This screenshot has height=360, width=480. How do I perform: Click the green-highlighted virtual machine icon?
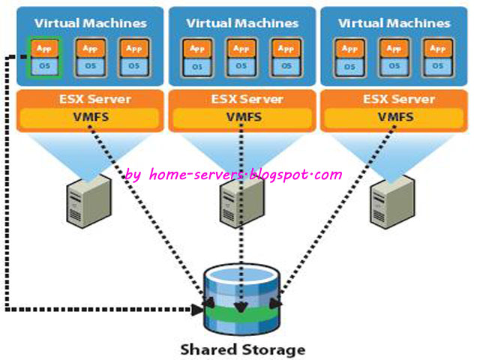click(44, 56)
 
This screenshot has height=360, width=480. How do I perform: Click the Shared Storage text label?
click(242, 349)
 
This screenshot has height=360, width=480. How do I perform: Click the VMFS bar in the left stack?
click(89, 117)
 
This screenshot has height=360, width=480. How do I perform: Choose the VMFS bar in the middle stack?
click(241, 117)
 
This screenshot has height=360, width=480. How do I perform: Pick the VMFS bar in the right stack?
click(394, 117)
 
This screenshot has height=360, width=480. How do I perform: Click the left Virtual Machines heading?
click(90, 22)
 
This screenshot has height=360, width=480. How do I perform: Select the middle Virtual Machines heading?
click(241, 22)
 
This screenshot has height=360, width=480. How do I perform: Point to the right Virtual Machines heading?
click(394, 22)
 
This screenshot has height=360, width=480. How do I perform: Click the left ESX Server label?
click(89, 99)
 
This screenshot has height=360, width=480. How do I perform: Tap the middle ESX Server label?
click(241, 99)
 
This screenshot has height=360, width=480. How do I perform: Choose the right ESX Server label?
click(394, 99)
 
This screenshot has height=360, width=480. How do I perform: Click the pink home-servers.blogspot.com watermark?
click(233, 175)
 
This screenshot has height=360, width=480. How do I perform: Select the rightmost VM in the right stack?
click(436, 56)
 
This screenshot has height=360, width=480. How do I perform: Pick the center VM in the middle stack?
click(241, 56)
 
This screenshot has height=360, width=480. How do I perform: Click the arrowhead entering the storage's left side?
click(199, 307)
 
